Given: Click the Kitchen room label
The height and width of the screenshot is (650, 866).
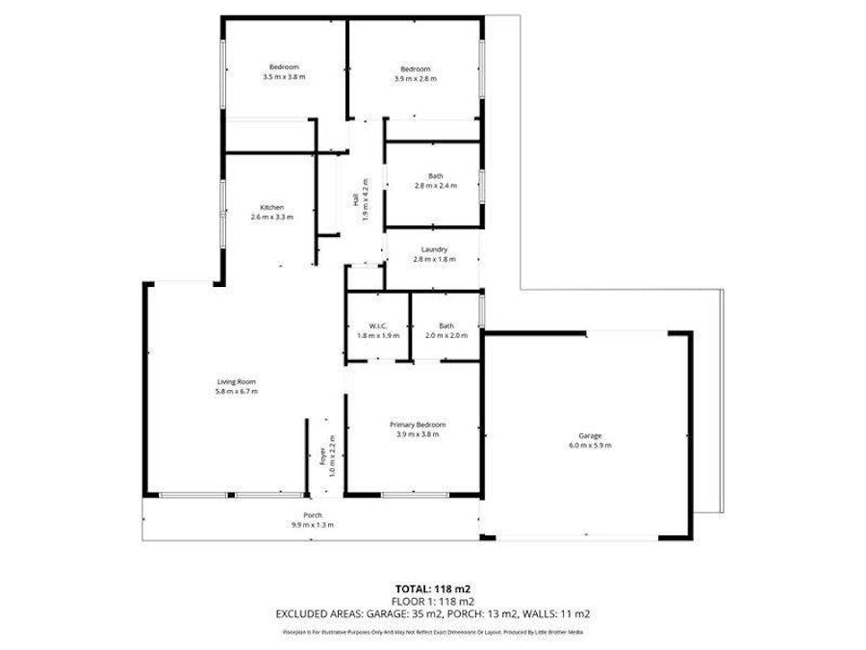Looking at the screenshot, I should pos(271,207).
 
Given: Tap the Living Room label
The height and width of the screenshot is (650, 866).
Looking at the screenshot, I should pos(236,382).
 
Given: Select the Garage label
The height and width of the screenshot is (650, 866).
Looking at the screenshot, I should pos(590,435).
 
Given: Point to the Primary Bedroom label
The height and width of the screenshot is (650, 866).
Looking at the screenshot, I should pos(418,425).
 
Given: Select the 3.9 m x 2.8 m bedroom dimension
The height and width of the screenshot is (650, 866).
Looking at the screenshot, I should pos(415,79).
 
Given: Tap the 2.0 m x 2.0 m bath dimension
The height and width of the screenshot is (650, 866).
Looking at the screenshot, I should pos(446,336).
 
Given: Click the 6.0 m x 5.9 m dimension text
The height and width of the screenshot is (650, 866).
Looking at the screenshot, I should pos(590,446).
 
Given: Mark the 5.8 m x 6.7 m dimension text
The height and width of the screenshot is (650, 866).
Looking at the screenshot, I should pos(236,392).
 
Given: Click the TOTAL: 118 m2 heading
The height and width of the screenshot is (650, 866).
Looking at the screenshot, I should pos(432,588).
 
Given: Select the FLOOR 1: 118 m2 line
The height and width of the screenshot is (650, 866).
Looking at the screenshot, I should pos(432,600).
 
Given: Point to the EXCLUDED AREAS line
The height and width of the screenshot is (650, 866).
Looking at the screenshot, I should pos(432,612).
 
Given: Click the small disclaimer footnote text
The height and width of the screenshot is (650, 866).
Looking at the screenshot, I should pos(432,632).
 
